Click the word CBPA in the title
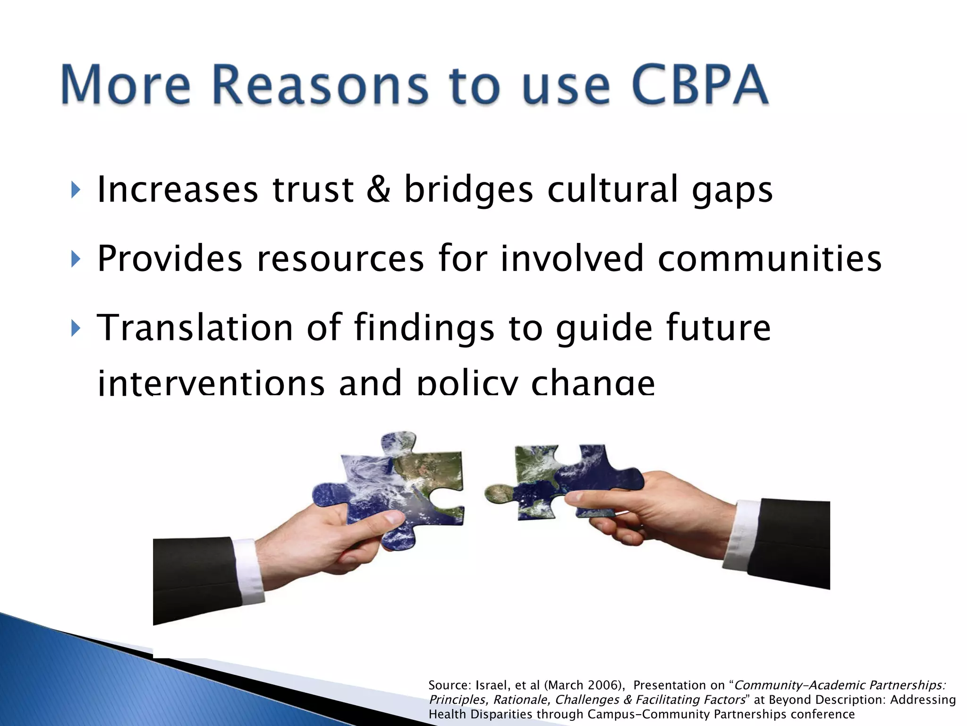(700, 85)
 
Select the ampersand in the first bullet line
(379, 190)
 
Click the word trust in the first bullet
(313, 190)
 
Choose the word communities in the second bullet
(769, 259)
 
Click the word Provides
(170, 259)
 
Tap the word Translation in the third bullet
(195, 328)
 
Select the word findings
(424, 328)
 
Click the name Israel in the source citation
(491, 685)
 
